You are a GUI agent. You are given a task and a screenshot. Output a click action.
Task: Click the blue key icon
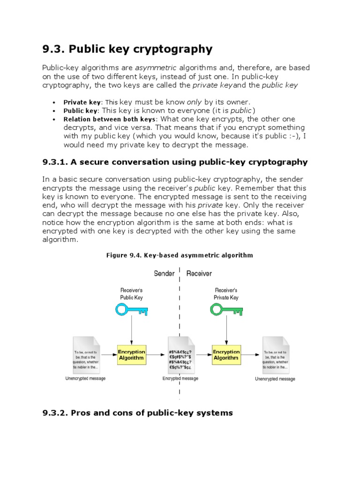pos(131,309)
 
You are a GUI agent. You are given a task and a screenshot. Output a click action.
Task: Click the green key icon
pos(226,309)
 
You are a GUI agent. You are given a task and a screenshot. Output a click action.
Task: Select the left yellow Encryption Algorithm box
pos(131,354)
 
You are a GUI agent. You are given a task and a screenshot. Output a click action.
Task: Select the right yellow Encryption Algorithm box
pos(226,354)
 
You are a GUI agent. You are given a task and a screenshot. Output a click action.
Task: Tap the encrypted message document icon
pos(180,354)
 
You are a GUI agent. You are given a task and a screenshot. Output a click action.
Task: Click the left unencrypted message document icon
pos(85,354)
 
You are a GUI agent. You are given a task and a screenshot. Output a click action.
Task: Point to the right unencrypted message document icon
pos(275,354)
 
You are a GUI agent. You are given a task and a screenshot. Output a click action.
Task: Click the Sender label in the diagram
pos(164,274)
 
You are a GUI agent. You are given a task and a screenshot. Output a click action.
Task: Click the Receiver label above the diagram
pos(199,274)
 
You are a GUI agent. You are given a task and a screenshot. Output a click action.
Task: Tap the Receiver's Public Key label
pos(131,294)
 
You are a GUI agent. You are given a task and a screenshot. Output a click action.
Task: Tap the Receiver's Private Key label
pos(226,294)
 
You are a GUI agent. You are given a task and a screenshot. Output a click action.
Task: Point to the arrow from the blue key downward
pos(131,330)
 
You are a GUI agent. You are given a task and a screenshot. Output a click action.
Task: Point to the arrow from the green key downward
pos(226,330)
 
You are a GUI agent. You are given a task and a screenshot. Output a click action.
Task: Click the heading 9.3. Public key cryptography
pos(127,49)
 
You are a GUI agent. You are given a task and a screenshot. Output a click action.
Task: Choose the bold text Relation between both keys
pos(109,119)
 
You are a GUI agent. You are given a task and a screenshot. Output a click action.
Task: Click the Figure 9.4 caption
pos(180,255)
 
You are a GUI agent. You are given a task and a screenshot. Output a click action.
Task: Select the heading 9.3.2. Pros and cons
pos(137,413)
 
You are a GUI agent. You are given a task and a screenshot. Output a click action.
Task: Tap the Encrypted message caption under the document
pos(180,378)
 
